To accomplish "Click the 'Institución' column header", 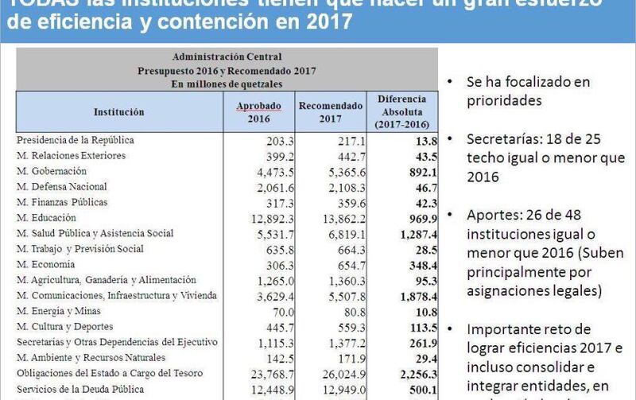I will pyautogui.click(x=118, y=112).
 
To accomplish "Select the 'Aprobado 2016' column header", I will pyautogui.click(x=259, y=112).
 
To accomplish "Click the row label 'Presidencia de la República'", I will pyautogui.click(x=76, y=140).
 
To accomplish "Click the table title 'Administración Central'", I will pyautogui.click(x=227, y=56).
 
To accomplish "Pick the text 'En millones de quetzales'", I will pyautogui.click(x=227, y=83).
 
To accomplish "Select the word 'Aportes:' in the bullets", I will pyautogui.click(x=491, y=216).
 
